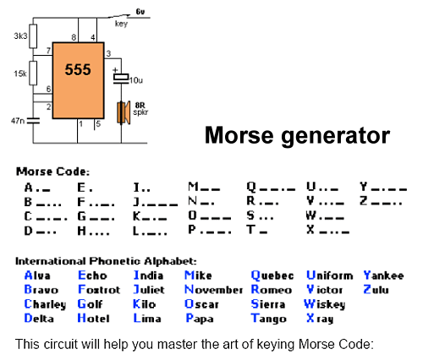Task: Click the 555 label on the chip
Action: (x=78, y=69)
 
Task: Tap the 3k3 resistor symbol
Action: (x=33, y=36)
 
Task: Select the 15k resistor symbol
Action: (x=33, y=73)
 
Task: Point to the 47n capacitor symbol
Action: (x=33, y=121)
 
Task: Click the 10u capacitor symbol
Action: (x=121, y=79)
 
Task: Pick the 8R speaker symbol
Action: (x=124, y=112)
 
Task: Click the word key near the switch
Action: (x=121, y=24)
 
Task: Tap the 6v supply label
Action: (x=140, y=12)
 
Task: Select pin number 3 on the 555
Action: (x=108, y=53)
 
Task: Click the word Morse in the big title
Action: (x=239, y=135)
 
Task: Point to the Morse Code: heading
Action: (x=52, y=172)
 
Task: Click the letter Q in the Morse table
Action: (x=251, y=187)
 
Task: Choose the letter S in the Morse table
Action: (x=250, y=215)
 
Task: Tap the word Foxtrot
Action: (x=99, y=290)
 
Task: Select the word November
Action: (x=213, y=290)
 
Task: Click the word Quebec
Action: (x=272, y=275)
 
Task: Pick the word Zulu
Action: (x=376, y=290)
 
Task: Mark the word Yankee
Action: (x=383, y=275)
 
